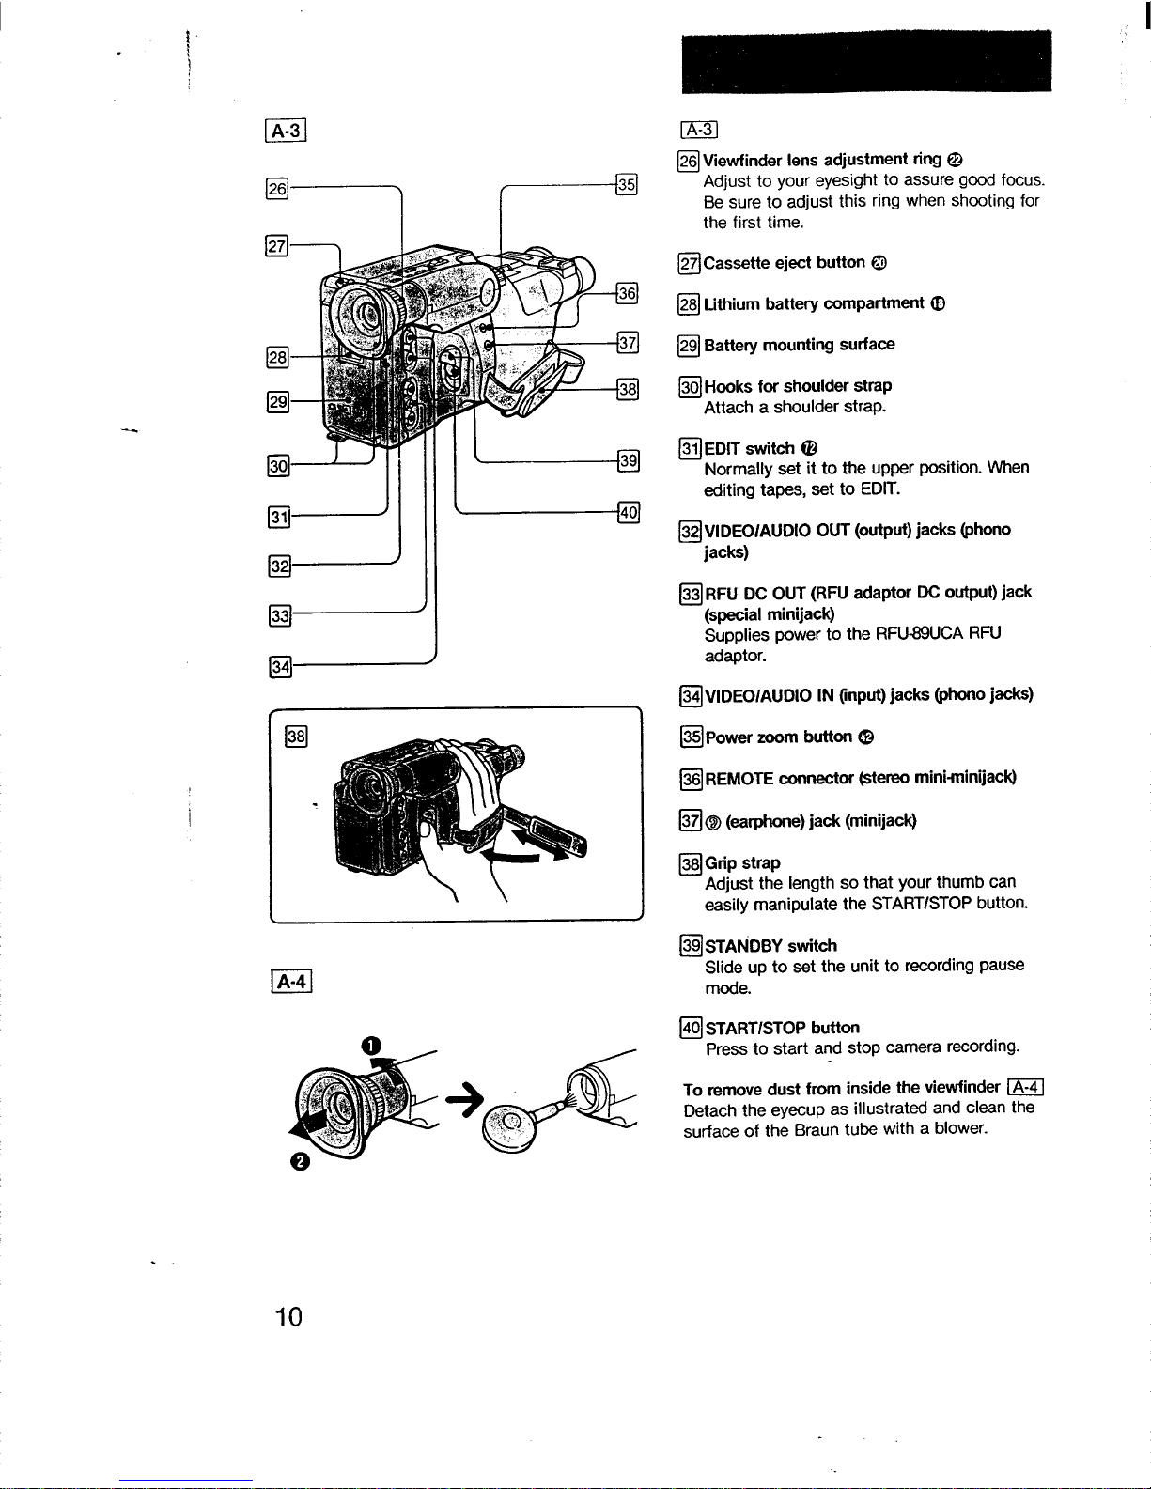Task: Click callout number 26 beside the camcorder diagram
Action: coord(277,189)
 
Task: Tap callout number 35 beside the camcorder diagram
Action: coord(626,184)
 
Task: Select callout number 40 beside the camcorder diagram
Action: coord(629,512)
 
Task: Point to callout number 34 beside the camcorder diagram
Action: coord(280,667)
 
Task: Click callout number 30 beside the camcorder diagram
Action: coord(278,466)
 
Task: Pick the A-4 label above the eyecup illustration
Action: coord(291,982)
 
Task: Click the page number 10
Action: coord(288,1316)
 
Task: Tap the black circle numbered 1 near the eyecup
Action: coord(370,1046)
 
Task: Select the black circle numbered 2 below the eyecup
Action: coord(300,1161)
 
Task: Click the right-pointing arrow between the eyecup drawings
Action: coord(464,1098)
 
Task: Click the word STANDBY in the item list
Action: coord(743,946)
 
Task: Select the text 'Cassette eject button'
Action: coord(784,262)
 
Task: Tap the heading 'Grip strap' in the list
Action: coord(742,863)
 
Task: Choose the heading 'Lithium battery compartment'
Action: coord(814,303)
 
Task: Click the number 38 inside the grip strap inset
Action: coord(296,736)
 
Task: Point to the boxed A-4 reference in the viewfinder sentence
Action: coord(1025,1087)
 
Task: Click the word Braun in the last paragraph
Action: coord(816,1129)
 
